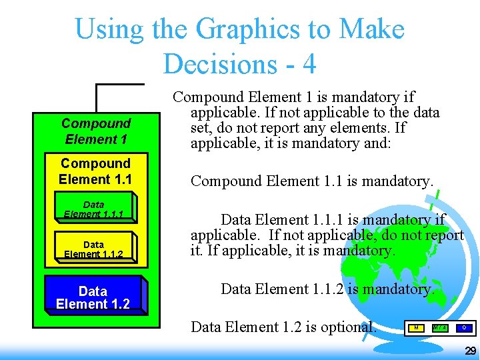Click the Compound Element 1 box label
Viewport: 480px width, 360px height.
click(96, 131)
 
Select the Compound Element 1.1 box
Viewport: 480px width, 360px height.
click(95, 171)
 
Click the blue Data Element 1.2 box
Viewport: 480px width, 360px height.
click(93, 297)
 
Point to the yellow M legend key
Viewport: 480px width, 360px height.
click(416, 328)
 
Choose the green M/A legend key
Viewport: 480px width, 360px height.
click(440, 328)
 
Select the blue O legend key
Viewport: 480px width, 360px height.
click(464, 328)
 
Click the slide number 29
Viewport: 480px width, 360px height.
click(470, 351)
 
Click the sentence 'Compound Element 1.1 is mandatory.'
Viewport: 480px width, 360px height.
click(312, 181)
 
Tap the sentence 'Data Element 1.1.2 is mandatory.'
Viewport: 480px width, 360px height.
click(327, 289)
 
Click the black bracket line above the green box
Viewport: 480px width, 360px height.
click(120, 85)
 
